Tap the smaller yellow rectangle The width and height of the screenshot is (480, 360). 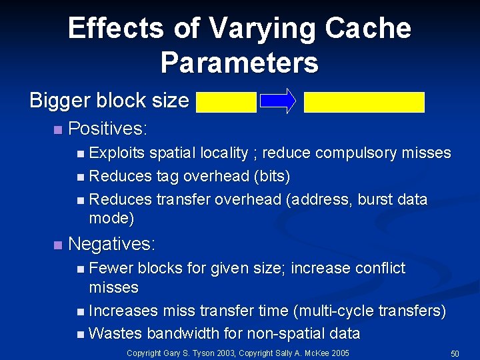tap(226, 101)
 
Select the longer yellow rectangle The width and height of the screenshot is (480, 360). tap(364, 102)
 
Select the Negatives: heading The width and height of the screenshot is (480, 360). tap(112, 244)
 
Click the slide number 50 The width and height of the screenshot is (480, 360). tap(455, 353)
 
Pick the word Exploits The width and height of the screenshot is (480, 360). tap(117, 153)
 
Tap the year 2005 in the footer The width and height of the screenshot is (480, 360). tap(340, 353)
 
